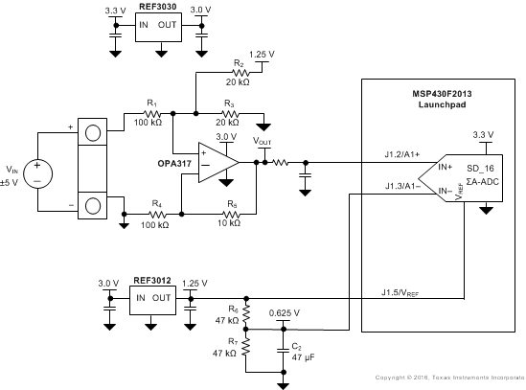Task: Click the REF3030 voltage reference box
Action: [x=157, y=30]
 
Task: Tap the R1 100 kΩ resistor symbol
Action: [x=146, y=113]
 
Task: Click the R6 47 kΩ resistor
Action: [x=246, y=314]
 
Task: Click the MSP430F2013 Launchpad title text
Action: [x=442, y=97]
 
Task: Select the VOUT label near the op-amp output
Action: [x=262, y=141]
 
